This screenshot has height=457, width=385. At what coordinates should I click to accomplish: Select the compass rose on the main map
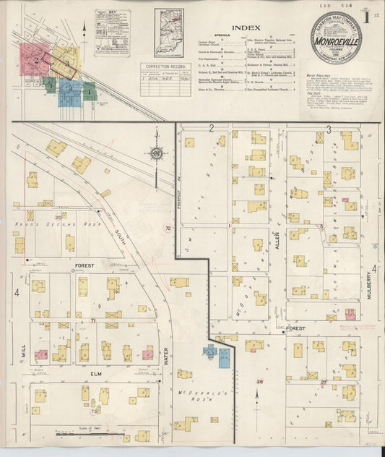[156, 153]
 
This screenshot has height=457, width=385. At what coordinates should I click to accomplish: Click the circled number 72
[168, 228]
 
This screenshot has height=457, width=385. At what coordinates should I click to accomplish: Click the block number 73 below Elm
[94, 411]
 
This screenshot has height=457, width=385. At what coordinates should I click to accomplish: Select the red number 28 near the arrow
[259, 381]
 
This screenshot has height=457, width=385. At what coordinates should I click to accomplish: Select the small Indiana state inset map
[168, 33]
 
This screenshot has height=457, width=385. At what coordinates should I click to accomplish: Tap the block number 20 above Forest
[58, 217]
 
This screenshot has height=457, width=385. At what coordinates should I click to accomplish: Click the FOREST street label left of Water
[84, 266]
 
